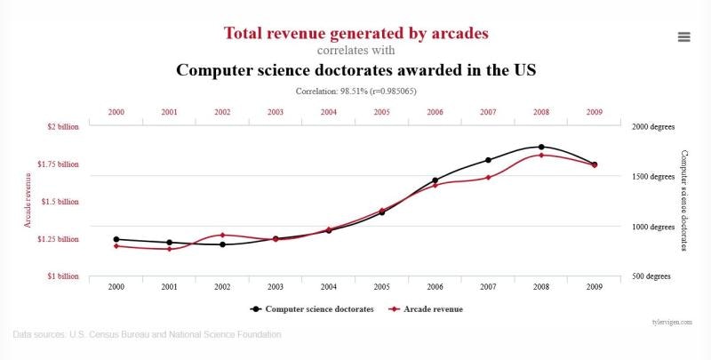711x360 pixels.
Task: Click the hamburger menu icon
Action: (x=683, y=36)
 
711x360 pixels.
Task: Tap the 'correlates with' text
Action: (x=355, y=51)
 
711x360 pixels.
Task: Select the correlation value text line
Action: (x=355, y=91)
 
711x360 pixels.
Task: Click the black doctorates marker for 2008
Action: (x=541, y=147)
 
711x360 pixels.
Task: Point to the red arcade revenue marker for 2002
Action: (x=222, y=235)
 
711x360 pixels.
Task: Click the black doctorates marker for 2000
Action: (x=116, y=239)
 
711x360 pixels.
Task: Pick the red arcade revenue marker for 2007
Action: (x=488, y=177)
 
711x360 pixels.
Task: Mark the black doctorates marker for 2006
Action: (x=435, y=180)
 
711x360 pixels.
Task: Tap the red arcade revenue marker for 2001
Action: (x=169, y=249)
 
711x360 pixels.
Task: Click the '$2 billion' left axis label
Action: (x=62, y=126)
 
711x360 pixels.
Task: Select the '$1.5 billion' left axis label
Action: (x=60, y=202)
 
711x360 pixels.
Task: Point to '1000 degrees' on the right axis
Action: (x=653, y=227)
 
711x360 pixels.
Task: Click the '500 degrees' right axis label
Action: (x=651, y=276)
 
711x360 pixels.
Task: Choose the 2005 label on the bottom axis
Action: (x=381, y=286)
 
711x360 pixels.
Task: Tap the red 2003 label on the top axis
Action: (x=276, y=112)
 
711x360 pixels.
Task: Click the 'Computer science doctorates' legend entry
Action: (x=311, y=309)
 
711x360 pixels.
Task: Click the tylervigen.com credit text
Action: (x=672, y=322)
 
